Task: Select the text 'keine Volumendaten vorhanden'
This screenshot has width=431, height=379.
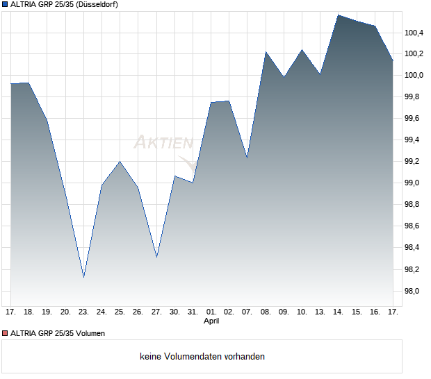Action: click(x=202, y=357)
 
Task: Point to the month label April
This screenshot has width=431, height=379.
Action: click(x=211, y=322)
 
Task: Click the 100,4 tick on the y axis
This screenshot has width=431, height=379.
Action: click(x=415, y=33)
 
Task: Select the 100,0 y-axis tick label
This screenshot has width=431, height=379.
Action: click(x=415, y=75)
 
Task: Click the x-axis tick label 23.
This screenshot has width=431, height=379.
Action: click(x=83, y=312)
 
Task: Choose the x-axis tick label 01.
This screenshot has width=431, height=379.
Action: click(x=211, y=312)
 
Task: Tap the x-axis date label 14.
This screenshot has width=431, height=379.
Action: click(x=338, y=312)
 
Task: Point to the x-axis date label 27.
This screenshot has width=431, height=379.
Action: click(x=156, y=312)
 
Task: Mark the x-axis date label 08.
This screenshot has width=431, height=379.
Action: click(x=266, y=312)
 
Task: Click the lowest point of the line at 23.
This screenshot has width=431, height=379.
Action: click(x=83, y=277)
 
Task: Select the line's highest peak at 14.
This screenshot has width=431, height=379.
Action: click(x=338, y=15)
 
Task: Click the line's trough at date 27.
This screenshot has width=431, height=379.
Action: click(x=156, y=258)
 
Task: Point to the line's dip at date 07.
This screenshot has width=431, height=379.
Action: click(x=247, y=158)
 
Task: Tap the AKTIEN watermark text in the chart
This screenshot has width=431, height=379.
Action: click(x=163, y=142)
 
